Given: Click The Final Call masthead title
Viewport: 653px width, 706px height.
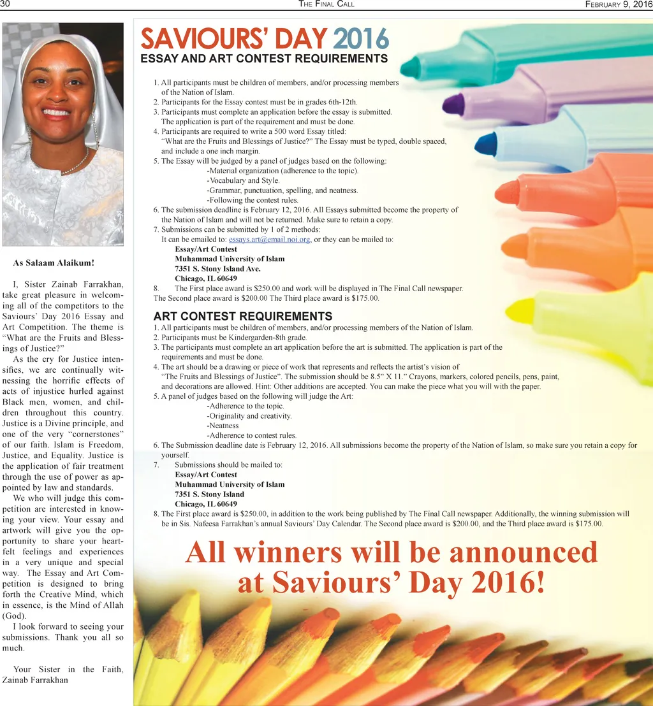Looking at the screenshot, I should click(326, 4).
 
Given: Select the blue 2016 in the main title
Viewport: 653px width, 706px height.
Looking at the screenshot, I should click(360, 39).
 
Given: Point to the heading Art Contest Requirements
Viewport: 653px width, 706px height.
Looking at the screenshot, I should click(242, 316).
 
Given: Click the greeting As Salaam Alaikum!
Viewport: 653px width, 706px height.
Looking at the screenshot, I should click(54, 263).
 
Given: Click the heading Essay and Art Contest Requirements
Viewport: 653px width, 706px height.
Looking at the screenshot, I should click(264, 59).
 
